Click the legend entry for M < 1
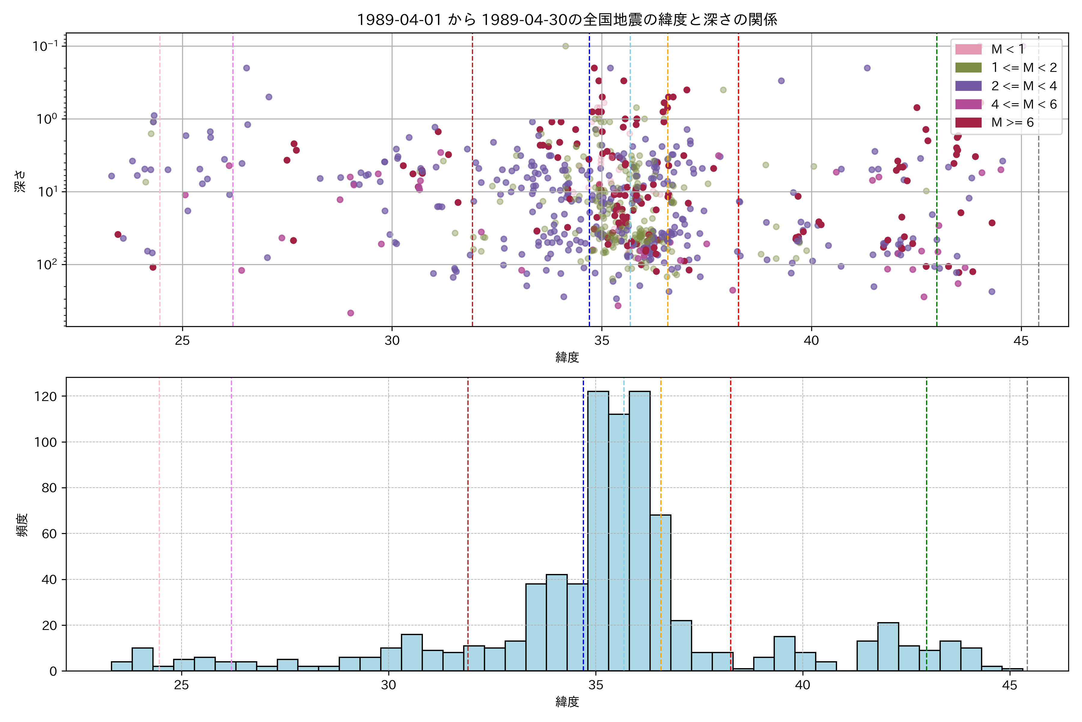(1007, 49)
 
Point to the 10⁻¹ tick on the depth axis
(45, 46)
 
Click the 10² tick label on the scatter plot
(47, 264)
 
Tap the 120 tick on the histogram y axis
(46, 396)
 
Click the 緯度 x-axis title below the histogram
(567, 702)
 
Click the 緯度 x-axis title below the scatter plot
(567, 357)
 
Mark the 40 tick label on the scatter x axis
(811, 341)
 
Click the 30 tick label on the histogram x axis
(388, 685)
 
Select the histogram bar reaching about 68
(660, 594)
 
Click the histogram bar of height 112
(619, 543)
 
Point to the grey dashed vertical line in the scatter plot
(1038, 184)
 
